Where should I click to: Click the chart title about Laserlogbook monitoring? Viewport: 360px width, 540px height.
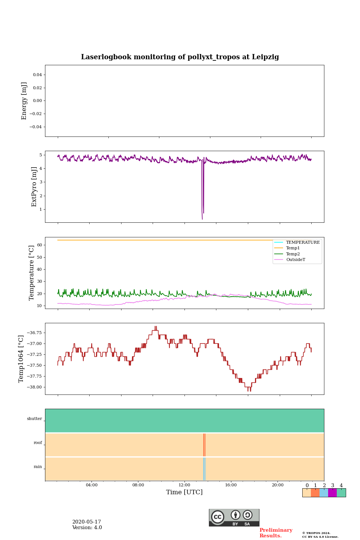click(x=180, y=57)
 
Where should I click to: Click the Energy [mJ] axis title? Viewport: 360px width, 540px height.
click(x=24, y=101)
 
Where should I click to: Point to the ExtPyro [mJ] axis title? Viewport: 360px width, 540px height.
click(x=34, y=187)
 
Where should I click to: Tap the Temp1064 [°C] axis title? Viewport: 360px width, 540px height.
click(x=21, y=359)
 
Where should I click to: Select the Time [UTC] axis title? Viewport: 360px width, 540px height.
click(x=184, y=492)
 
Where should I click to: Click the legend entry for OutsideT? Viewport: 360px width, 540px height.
click(x=295, y=259)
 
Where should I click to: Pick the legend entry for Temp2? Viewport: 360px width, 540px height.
click(x=293, y=254)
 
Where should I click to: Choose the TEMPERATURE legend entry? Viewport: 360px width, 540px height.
click(x=303, y=242)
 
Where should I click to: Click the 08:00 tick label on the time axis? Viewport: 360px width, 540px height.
click(x=138, y=485)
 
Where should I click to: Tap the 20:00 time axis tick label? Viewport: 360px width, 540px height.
click(x=277, y=485)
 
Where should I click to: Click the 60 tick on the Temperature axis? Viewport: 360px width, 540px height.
click(x=39, y=245)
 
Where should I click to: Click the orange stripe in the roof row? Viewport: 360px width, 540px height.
click(x=204, y=445)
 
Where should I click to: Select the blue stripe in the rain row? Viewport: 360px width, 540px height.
click(x=204, y=469)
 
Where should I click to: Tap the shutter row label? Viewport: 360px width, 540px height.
click(x=34, y=419)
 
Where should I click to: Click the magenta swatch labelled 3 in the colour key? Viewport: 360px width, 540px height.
click(x=332, y=493)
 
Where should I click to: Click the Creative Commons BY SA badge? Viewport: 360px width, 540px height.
click(x=234, y=517)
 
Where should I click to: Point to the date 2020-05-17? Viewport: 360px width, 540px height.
click(x=87, y=522)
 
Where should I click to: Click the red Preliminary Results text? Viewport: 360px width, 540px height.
click(x=276, y=533)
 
